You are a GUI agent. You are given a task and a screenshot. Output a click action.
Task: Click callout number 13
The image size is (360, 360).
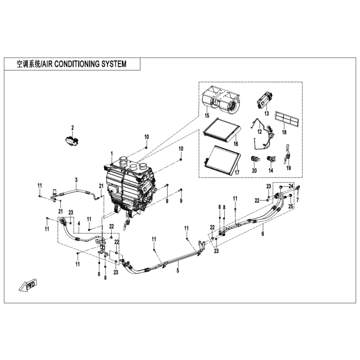(x=266, y=114)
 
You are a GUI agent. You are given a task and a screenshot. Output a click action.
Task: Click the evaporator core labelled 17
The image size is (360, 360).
(x=222, y=159)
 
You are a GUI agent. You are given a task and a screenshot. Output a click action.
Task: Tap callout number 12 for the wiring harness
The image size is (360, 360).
(x=259, y=132)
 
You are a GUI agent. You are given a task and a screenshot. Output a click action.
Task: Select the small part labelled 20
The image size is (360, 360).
(x=255, y=159)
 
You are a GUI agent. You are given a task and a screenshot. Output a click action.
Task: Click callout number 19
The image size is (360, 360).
(x=289, y=168)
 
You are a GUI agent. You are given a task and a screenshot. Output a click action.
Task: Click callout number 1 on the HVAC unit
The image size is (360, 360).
(x=112, y=153)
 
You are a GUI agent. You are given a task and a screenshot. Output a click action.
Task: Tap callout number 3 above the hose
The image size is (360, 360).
(x=76, y=180)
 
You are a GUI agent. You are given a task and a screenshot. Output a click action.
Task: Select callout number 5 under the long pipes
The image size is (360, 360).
(x=178, y=271)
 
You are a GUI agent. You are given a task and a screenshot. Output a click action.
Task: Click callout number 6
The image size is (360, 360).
(x=263, y=233)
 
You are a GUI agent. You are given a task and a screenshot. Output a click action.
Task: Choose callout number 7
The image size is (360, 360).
(x=298, y=200)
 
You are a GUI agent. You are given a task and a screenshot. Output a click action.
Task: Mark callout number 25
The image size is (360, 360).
(x=291, y=206)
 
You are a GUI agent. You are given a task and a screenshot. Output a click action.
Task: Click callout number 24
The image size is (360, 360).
(x=291, y=186)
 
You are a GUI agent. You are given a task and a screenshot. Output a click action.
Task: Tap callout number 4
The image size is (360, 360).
(x=79, y=223)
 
